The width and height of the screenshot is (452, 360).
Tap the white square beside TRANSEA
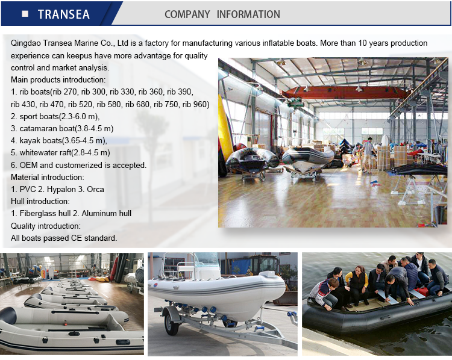click(x=24, y=14)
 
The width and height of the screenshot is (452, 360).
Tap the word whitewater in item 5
click(x=40, y=152)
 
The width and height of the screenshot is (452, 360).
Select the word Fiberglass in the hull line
click(x=37, y=213)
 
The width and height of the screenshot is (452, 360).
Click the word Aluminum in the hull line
click(x=98, y=213)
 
